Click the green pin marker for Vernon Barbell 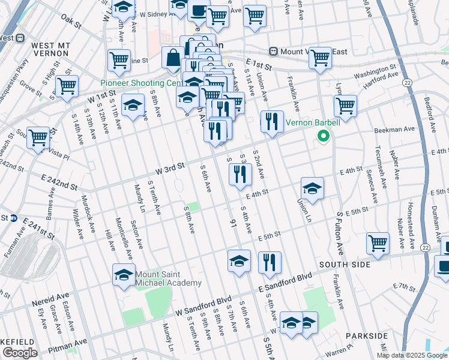tap(323, 136)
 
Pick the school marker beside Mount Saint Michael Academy tap(124, 275)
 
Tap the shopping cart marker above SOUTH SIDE tap(378, 243)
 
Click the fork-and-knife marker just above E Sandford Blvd tap(270, 262)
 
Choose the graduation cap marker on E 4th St tap(312, 188)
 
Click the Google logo tap(20, 353)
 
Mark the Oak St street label tap(71, 22)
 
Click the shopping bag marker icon tap(172, 58)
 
